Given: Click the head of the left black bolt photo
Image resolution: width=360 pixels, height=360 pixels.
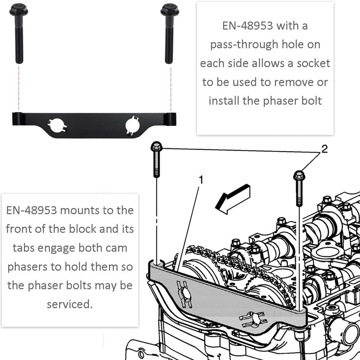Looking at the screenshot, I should [x=18, y=9].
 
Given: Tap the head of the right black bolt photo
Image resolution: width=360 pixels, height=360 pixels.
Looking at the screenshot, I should [x=170, y=9].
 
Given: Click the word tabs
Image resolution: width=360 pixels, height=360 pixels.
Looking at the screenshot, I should [x=19, y=248].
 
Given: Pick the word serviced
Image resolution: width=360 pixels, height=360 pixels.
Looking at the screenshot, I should [x=70, y=304].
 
